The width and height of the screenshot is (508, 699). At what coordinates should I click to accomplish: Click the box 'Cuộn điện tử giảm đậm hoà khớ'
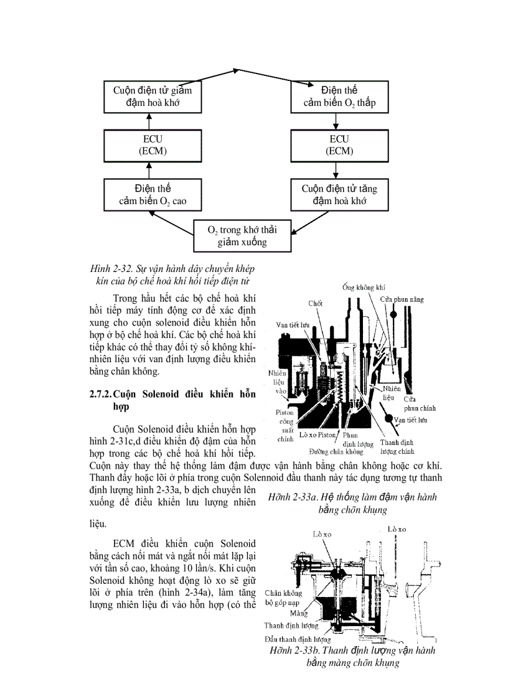152,96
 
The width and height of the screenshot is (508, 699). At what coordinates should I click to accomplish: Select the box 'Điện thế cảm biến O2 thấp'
339,96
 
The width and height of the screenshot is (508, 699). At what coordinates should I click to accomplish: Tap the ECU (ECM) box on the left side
152,145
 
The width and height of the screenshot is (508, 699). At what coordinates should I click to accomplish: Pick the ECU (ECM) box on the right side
339,145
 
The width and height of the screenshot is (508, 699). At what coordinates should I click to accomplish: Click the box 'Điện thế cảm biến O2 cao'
152,194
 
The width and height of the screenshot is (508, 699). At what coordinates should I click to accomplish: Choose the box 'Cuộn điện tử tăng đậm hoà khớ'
339,194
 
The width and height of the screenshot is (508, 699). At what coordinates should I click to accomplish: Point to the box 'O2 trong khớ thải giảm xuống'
242,236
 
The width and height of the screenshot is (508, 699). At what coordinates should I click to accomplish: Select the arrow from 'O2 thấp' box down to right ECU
336,121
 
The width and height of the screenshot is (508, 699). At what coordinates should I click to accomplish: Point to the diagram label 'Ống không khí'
364,287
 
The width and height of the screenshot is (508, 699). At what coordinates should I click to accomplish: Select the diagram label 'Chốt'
315,303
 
